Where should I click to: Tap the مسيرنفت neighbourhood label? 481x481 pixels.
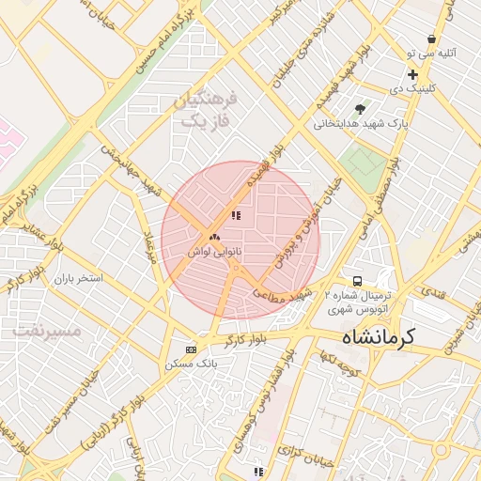pos(43,332)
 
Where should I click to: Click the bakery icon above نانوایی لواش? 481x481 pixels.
pos(214,238)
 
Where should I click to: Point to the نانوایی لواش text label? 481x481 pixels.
pos(214,253)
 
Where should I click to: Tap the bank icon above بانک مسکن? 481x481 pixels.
pos(192,349)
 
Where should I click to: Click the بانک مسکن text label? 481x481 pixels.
pos(192,363)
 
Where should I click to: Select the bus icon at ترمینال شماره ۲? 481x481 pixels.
pos(357,281)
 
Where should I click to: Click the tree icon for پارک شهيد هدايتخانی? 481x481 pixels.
pos(360,109)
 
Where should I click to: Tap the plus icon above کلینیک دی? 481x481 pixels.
pos(412,74)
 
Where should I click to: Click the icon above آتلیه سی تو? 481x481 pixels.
pos(431,39)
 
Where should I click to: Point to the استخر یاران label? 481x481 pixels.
pos(76,279)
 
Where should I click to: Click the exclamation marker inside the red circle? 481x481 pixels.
pos(236,215)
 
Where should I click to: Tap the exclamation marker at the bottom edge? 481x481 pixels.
pos(258,472)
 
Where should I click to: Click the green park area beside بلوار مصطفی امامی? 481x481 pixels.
pos(361,164)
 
